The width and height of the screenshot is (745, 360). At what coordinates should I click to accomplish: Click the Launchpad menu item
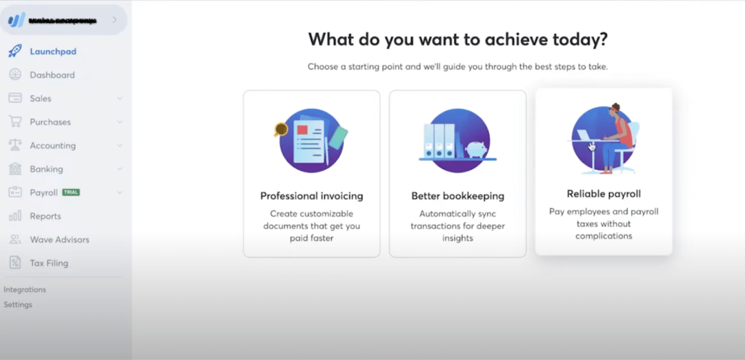[x=52, y=51]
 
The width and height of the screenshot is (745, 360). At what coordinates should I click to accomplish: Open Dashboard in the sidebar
[x=52, y=74]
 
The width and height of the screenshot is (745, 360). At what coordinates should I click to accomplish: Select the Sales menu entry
[x=40, y=98]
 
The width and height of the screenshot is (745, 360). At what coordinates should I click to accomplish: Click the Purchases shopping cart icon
[x=14, y=122]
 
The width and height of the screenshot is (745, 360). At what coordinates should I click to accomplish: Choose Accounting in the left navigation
[x=52, y=146]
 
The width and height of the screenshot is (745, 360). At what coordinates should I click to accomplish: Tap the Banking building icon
[x=14, y=169]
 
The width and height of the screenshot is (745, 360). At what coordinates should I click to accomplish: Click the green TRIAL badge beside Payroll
[x=71, y=192]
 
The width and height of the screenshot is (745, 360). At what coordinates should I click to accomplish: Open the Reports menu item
[x=45, y=216]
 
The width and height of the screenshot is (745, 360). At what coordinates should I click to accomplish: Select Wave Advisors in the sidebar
[x=59, y=239]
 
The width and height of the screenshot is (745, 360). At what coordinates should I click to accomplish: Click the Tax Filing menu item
[x=48, y=263]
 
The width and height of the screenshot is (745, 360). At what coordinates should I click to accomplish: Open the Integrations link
[x=25, y=290]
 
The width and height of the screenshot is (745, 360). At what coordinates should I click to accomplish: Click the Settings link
[x=18, y=304]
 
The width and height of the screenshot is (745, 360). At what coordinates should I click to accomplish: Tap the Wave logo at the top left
[x=16, y=20]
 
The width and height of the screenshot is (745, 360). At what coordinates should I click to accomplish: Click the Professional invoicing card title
[x=311, y=196]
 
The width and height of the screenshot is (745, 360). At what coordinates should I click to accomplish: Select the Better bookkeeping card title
[x=457, y=196]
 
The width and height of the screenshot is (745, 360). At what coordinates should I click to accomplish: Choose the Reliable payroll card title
[x=604, y=194]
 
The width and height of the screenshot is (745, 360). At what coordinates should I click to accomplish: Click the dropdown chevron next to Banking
[x=119, y=169]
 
